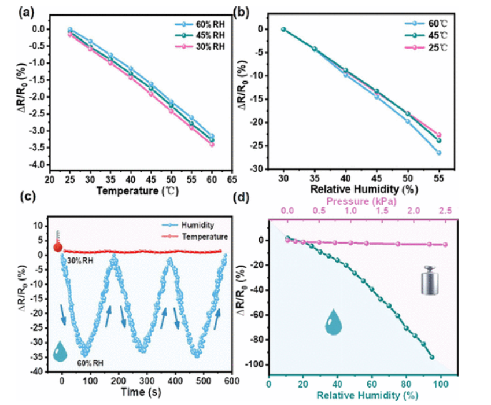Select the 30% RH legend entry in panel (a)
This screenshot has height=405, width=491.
coord(204,46)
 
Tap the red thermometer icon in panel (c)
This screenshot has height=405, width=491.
coord(58,242)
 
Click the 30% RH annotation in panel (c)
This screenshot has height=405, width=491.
coord(77,261)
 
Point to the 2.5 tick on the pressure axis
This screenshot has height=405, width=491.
coord(445,212)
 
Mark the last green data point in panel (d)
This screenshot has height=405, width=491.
coord(432,357)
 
